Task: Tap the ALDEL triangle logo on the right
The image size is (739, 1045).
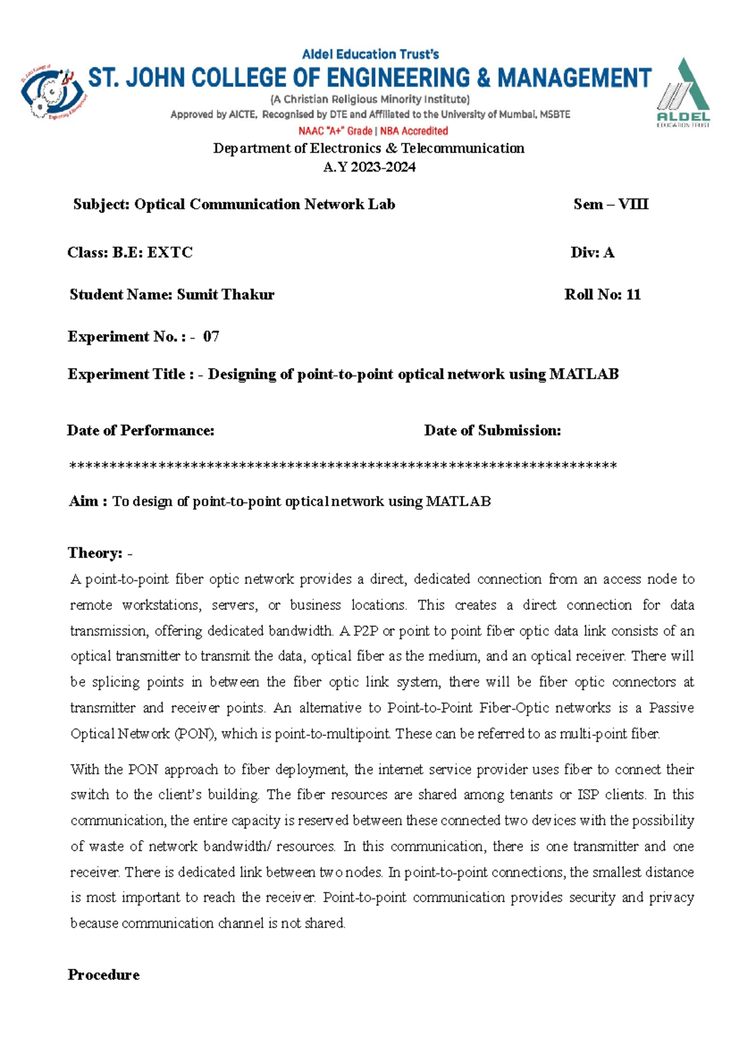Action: pyautogui.click(x=684, y=92)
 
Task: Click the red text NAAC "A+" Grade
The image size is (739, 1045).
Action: pyautogui.click(x=336, y=131)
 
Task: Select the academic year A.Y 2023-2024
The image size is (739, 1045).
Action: pyautogui.click(x=369, y=167)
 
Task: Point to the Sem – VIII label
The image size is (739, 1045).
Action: pyautogui.click(x=610, y=204)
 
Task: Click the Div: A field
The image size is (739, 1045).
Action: pyautogui.click(x=592, y=252)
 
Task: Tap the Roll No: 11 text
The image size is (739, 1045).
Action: pyautogui.click(x=602, y=295)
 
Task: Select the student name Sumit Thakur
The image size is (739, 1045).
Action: pyautogui.click(x=225, y=295)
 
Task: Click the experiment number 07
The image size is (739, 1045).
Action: pyautogui.click(x=211, y=336)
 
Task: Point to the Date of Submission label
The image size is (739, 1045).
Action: pyautogui.click(x=492, y=430)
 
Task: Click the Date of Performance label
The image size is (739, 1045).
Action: pyautogui.click(x=140, y=430)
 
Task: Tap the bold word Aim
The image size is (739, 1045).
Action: pyautogui.click(x=83, y=501)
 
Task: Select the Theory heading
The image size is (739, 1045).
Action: pyautogui.click(x=95, y=553)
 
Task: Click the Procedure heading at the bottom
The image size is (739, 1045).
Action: pyautogui.click(x=103, y=975)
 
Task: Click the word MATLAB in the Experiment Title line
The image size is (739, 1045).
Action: pyautogui.click(x=583, y=374)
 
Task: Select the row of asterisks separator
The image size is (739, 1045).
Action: pyautogui.click(x=343, y=466)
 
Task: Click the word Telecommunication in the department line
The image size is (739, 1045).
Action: pyautogui.click(x=462, y=148)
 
